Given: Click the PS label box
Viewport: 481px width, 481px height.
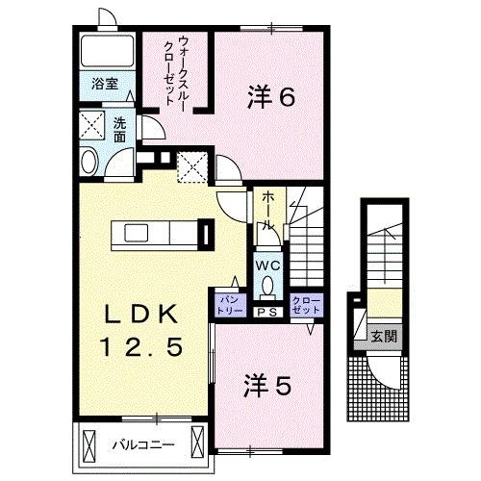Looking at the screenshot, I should (266, 312).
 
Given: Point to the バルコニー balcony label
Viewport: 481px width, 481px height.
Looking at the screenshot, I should (141, 446).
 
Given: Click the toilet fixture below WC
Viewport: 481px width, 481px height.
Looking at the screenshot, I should (266, 287).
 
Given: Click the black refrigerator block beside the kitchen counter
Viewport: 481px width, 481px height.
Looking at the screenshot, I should (205, 234).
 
